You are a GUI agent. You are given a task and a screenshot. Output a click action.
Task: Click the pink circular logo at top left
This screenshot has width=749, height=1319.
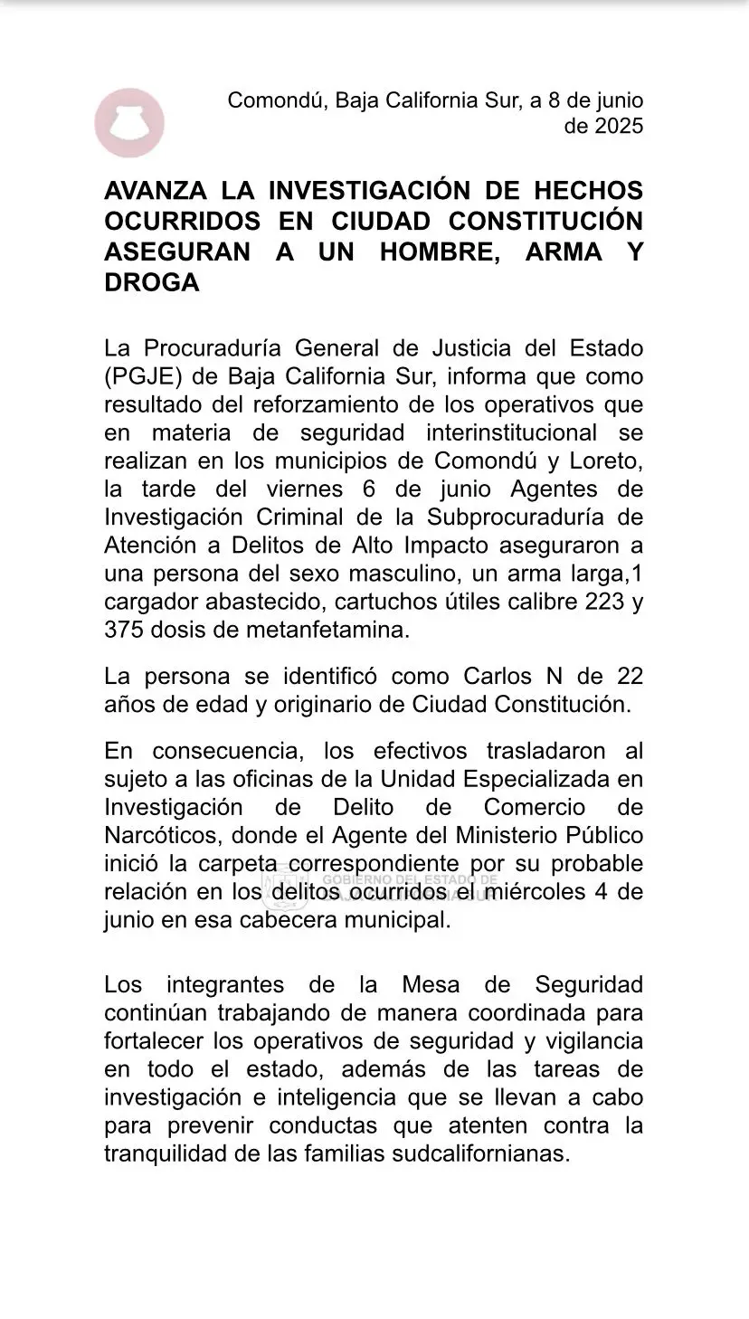[x=129, y=123]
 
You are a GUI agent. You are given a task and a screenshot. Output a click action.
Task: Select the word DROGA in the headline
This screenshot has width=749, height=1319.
[x=151, y=282]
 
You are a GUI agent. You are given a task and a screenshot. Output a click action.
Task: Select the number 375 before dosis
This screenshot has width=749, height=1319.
[x=124, y=630]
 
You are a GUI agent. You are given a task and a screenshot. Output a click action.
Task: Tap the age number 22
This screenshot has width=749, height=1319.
[x=625, y=676]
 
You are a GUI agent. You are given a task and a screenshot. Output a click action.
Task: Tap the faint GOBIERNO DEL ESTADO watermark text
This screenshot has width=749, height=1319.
[x=409, y=879]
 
